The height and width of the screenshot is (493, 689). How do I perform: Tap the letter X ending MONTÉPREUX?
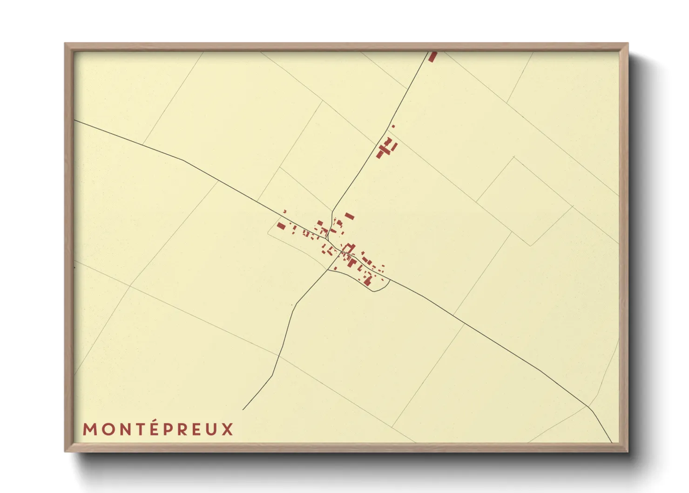(x=227, y=429)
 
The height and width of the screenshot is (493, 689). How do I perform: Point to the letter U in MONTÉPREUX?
(x=211, y=429)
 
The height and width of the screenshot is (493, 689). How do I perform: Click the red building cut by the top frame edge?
(x=433, y=56)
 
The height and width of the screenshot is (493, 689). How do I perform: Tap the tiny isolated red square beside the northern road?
(x=393, y=126)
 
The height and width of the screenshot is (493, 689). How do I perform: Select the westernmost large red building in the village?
(x=281, y=226)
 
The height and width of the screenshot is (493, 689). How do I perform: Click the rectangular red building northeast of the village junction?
(x=349, y=216)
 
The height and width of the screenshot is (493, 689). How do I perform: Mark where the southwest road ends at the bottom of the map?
(x=243, y=409)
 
